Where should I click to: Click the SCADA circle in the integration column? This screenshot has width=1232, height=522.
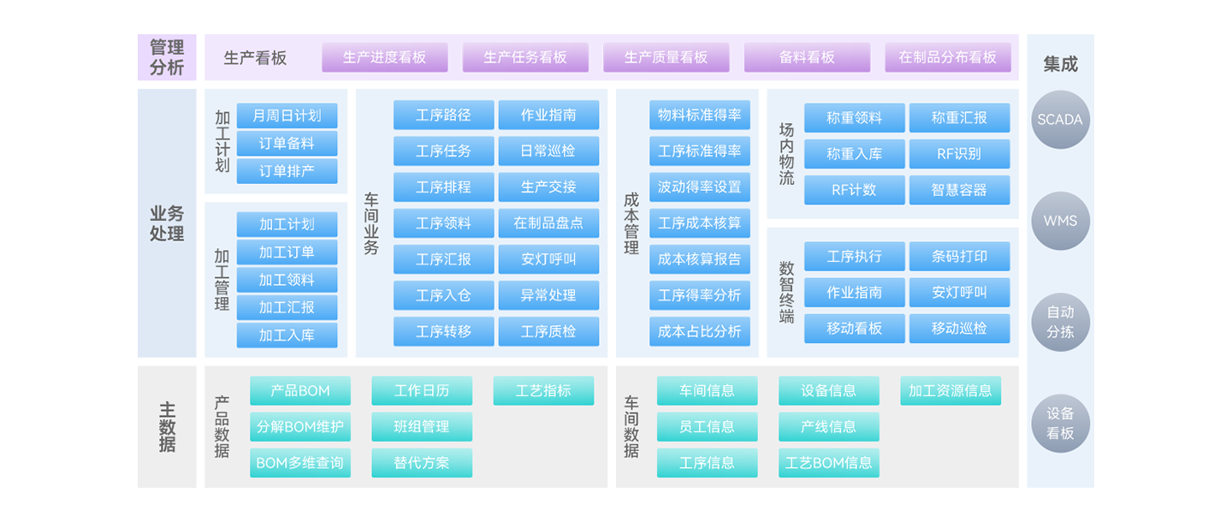1060,120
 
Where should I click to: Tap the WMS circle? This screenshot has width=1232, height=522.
1060,221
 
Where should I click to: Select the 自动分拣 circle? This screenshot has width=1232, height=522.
1060,322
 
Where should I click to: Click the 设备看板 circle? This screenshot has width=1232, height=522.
1060,424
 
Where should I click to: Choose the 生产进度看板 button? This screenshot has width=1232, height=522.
384,57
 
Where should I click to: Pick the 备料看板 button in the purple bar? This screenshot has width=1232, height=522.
807,57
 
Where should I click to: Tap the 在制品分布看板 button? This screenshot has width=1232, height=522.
947,57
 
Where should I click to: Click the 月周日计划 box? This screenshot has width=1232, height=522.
287,116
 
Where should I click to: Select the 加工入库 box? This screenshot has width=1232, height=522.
287,335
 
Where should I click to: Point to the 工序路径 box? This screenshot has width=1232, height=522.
443,115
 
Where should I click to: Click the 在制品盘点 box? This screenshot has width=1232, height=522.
548,223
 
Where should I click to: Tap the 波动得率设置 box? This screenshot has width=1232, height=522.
699,187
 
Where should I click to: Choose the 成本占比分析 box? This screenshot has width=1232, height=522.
699,331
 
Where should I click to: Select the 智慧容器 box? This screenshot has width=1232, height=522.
959,190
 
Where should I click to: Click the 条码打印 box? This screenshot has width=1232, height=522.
959,256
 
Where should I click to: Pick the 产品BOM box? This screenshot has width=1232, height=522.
300,390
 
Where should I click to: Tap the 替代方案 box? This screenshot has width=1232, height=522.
421,463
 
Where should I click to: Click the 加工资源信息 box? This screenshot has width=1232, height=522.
950,390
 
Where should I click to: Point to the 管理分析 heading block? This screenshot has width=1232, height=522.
167,57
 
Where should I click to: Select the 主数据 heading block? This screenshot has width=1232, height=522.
167,427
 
